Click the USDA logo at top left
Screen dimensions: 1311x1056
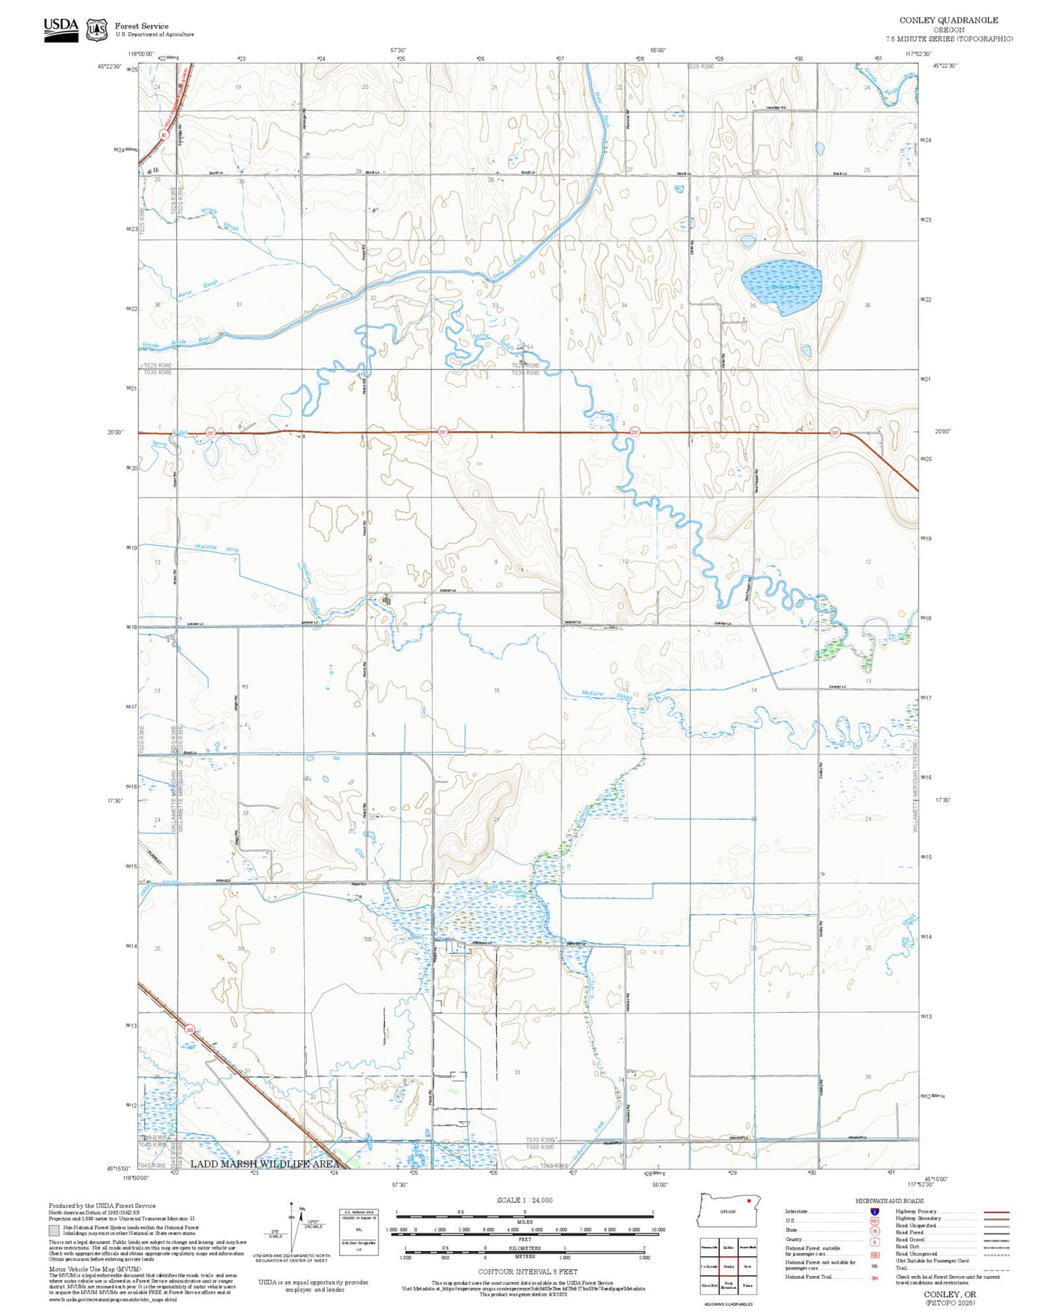pos(61,26)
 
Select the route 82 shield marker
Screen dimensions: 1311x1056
pos(164,134)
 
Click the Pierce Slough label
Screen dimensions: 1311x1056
pos(198,289)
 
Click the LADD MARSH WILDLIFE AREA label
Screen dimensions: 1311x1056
pos(265,1163)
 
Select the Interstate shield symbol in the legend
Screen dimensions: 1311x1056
pos(875,1211)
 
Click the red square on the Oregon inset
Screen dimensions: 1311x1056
pos(749,1200)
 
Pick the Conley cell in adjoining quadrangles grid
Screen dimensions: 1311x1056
pos(728,1266)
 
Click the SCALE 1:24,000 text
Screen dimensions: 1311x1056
pos(525,1199)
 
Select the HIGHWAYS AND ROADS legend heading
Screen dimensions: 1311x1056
pos(889,1201)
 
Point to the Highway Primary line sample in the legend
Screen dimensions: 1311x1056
pos(997,1212)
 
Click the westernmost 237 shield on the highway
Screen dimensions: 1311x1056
pos(210,433)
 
